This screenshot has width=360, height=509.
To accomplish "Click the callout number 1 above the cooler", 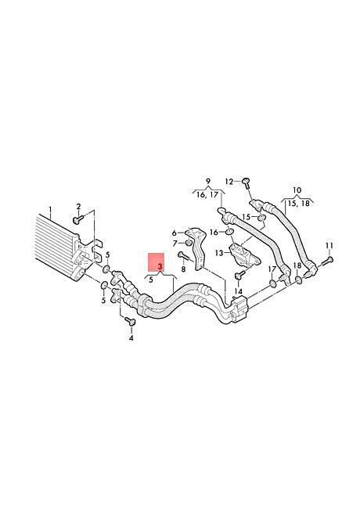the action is click(50, 208).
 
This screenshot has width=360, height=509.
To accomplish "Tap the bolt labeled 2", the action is click(77, 219).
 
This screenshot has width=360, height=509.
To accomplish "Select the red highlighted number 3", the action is click(160, 266).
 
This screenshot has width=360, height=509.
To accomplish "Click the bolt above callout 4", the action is click(131, 322).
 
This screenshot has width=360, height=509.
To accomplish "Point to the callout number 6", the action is click(175, 233).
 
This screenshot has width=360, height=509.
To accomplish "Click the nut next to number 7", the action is click(188, 243).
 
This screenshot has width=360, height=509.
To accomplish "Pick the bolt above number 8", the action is click(183, 256).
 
